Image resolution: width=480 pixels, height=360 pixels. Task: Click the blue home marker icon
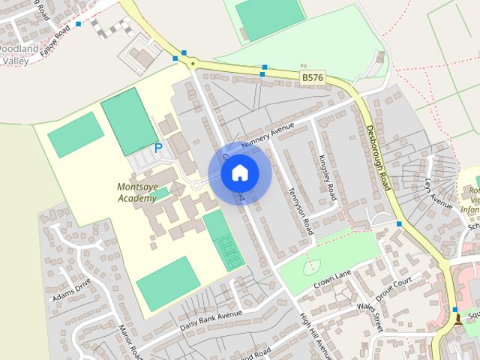(238, 173)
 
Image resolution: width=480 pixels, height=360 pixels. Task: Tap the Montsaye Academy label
(136, 193)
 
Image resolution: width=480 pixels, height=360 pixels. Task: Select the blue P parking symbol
(158, 148)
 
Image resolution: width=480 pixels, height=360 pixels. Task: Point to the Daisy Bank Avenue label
(211, 321)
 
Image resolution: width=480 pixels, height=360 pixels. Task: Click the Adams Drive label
(72, 289)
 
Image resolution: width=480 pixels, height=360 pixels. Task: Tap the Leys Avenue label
(439, 193)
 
